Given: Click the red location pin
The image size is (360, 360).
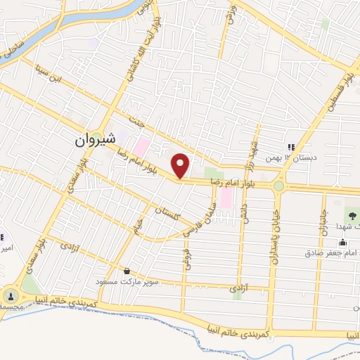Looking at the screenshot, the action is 181,165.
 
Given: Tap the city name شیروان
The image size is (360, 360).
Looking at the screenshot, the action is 94,140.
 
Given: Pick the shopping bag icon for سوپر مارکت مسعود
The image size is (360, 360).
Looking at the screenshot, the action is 127,271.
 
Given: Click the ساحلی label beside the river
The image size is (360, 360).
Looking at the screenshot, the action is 15,46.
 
